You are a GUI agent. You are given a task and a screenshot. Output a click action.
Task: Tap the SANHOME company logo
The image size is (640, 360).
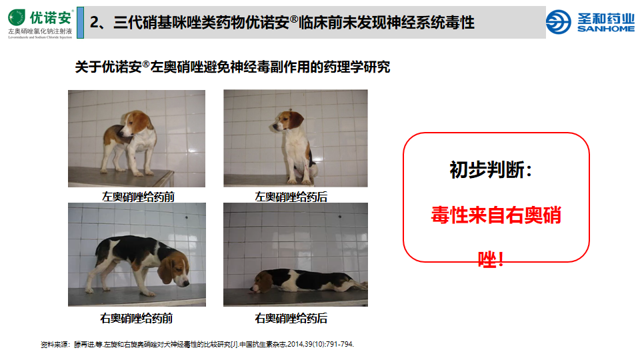click(x=589, y=22)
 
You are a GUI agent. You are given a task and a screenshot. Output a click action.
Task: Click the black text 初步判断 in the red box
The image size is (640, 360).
click(x=491, y=170)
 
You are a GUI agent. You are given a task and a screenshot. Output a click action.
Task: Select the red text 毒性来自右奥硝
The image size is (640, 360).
click(x=496, y=216)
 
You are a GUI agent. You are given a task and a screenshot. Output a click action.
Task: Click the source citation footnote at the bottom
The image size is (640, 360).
click(x=197, y=344)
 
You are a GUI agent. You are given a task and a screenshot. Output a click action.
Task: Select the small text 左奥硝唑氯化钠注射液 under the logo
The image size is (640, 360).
click(x=40, y=31)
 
